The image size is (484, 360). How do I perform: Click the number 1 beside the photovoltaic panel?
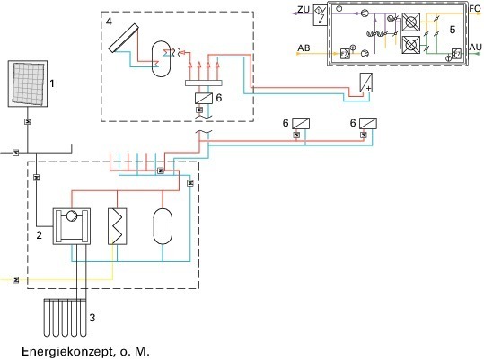click(52, 83)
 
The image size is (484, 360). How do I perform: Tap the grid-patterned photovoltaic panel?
click(28, 83)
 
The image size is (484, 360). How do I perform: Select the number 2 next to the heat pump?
click(39, 235)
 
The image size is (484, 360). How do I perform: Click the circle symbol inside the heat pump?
click(72, 215)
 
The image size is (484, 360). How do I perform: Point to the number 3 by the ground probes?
click(92, 318)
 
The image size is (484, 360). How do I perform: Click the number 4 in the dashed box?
click(109, 22)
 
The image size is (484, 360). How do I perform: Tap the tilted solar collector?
click(124, 38)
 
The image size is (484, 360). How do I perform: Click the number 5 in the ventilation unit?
click(453, 30)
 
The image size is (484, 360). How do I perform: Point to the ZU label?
click(304, 10)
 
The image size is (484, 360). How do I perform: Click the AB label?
click(304, 48)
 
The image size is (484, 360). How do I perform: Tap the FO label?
click(475, 8)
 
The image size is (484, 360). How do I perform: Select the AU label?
click(475, 48)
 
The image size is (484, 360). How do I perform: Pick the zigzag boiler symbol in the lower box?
click(118, 226)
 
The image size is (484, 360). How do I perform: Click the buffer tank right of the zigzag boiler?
click(163, 226)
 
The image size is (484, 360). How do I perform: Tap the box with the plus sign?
click(366, 83)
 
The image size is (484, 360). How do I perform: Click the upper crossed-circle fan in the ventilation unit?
click(411, 22)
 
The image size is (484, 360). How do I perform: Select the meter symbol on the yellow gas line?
click(16, 280)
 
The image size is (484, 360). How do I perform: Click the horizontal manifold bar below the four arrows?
click(204, 83)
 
